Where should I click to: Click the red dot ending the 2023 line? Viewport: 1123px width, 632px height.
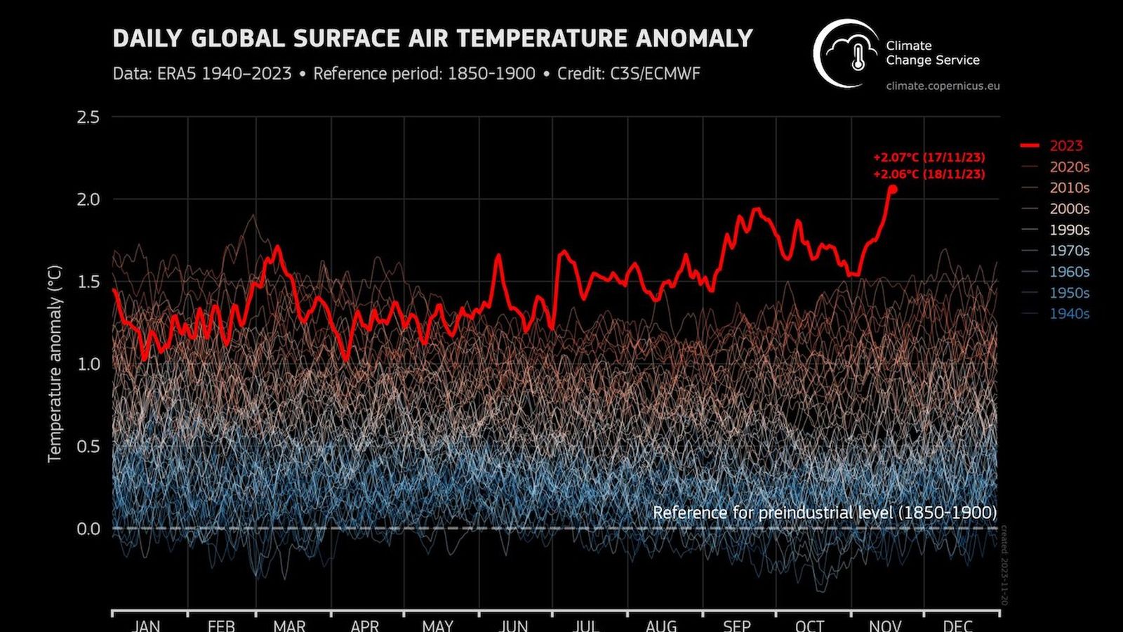[892, 189]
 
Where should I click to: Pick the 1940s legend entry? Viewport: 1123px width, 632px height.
[1069, 314]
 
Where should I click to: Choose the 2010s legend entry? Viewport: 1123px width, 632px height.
[1069, 187]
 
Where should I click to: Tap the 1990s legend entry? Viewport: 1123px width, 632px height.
[1069, 230]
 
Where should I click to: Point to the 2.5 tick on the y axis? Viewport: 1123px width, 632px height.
[88, 117]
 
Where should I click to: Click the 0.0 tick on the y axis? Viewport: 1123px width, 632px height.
[88, 528]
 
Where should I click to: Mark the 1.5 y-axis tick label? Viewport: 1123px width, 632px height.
[88, 282]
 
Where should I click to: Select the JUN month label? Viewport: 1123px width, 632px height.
[514, 625]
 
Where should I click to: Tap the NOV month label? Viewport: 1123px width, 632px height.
[885, 625]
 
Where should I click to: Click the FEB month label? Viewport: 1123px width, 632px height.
[221, 625]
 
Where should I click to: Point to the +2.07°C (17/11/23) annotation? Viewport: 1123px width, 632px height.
[929, 157]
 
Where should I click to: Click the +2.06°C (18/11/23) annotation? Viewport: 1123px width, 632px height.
[929, 174]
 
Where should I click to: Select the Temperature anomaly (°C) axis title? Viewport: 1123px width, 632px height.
[55, 364]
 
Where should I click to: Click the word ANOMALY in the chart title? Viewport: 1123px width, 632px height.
[694, 38]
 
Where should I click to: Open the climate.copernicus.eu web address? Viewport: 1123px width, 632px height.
[943, 86]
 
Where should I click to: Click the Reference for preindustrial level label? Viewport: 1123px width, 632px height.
[824, 513]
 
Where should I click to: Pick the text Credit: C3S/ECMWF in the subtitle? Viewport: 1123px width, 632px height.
[628, 74]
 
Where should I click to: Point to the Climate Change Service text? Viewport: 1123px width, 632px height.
[932, 53]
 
